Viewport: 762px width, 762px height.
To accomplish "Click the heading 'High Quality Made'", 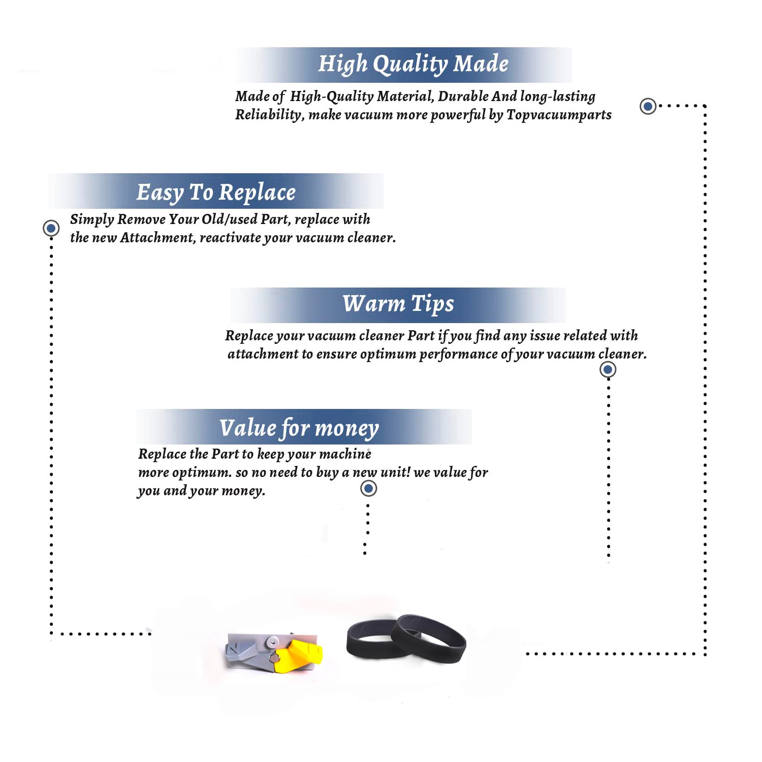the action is click(x=413, y=65).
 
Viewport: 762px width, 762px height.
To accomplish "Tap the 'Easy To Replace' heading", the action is click(x=216, y=193).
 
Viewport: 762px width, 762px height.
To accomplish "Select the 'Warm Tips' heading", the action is click(x=398, y=304).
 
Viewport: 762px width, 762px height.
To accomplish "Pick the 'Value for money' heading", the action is click(x=299, y=428).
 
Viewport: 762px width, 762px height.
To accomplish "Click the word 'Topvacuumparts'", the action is click(x=559, y=115).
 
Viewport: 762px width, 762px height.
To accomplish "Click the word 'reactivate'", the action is click(x=231, y=238).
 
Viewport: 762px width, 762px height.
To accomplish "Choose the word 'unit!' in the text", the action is click(x=395, y=472).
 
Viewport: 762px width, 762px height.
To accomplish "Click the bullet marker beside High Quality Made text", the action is click(x=648, y=106).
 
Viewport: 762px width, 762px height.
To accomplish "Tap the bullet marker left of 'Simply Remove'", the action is click(x=51, y=228).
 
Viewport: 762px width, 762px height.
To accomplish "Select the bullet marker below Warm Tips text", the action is click(x=608, y=369).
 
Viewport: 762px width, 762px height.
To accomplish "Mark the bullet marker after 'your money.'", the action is click(x=368, y=489).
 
